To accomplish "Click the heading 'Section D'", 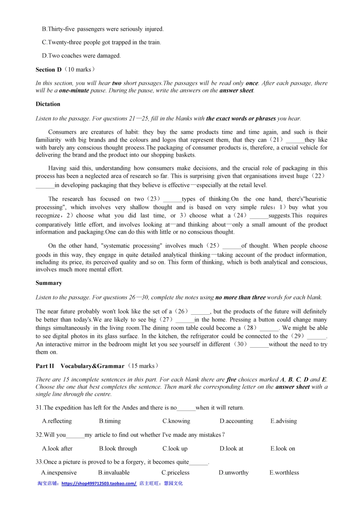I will pos(49,70).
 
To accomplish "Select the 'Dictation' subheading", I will pos(48,104).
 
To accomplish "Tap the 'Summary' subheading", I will pos(49,283).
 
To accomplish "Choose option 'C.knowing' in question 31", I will pos(176,421).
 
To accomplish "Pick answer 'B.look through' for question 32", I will pos(118,448).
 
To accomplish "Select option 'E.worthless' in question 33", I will pos(284,473).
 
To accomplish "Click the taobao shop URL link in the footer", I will pos(99,484).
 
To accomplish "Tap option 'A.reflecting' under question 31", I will pos(57,421).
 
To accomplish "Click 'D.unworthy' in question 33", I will pos(233,473).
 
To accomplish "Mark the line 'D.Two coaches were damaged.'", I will pos(81,56).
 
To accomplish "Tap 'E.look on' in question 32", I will pos(283,448).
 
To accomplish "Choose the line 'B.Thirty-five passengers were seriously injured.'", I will pos(103,29).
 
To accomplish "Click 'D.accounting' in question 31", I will pos(236,421).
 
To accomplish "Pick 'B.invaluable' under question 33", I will pos(114,473).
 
